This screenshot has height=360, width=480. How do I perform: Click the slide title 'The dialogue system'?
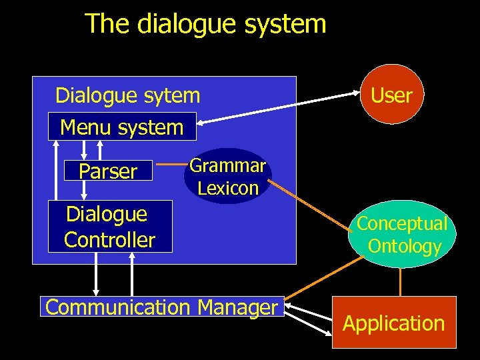pyautogui.click(x=205, y=24)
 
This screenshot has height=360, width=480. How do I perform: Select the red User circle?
pyautogui.click(x=391, y=95)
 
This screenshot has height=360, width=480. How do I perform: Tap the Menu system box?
pyautogui.click(x=122, y=127)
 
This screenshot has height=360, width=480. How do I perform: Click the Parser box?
pyautogui.click(x=108, y=171)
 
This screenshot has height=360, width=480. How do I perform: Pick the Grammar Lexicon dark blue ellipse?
pyautogui.click(x=227, y=177)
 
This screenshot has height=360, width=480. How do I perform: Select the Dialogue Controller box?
pyautogui.click(x=110, y=227)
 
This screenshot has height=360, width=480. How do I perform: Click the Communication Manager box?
pyautogui.click(x=162, y=307)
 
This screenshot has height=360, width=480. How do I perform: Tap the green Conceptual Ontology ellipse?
pyautogui.click(x=402, y=234)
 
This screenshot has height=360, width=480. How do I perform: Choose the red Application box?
pyautogui.click(x=393, y=323)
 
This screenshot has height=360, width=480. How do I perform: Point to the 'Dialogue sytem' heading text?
pyautogui.click(x=127, y=95)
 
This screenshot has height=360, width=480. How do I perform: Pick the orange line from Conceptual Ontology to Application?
pyautogui.click(x=400, y=281)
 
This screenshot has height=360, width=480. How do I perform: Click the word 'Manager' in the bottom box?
pyautogui.click(x=237, y=307)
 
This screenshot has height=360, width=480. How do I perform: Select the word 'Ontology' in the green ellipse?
pyautogui.click(x=405, y=246)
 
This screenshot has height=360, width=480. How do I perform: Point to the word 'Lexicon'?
pyautogui.click(x=228, y=188)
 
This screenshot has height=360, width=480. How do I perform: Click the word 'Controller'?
pyautogui.click(x=110, y=239)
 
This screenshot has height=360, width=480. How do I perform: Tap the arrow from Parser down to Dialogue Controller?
pyautogui.click(x=84, y=191)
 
